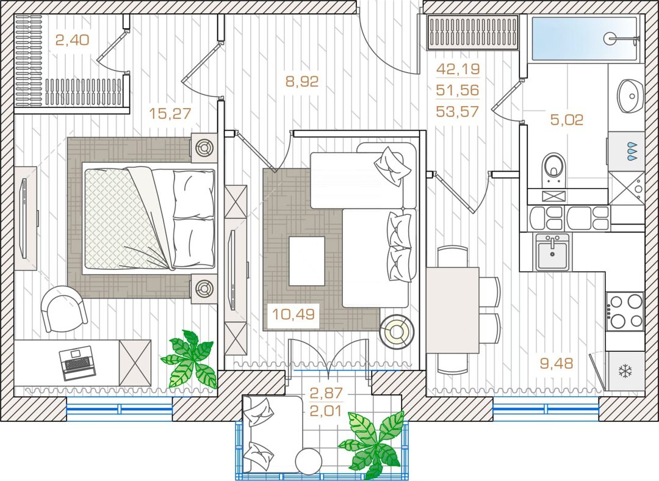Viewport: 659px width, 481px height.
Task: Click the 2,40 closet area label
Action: coord(72,40)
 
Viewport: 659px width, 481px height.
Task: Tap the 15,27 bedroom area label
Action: coord(170,113)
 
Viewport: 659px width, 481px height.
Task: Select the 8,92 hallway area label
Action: coord(302,81)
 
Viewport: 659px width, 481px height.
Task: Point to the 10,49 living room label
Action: coord(293,314)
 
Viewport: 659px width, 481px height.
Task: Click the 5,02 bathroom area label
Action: coord(567,120)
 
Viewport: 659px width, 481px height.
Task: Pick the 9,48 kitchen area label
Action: coord(556,363)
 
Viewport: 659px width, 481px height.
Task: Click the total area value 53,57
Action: coord(458,112)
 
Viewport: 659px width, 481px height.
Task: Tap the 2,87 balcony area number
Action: coord(326,393)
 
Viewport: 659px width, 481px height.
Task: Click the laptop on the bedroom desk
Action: coord(77,363)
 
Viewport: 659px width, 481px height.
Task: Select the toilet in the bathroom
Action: coord(554,170)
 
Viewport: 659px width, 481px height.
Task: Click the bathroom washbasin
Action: coord(630,96)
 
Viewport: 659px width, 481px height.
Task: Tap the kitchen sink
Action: coord(552,252)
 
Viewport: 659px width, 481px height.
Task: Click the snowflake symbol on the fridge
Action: coord(625,371)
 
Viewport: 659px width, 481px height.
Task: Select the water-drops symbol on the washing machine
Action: coord(632,151)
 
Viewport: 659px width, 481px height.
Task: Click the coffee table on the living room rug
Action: coord(307,261)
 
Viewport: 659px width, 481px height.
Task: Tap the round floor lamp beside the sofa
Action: coord(397,331)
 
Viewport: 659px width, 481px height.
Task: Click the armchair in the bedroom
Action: coord(64,309)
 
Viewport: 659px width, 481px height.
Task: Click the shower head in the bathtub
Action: coord(610,38)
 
